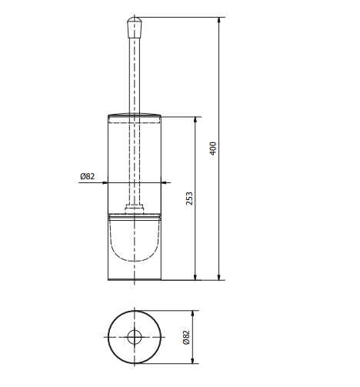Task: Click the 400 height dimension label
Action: pos(213,148)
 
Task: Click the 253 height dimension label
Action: pos(189,199)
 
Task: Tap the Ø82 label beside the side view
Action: pos(87,176)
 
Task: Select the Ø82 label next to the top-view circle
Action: pos(186,337)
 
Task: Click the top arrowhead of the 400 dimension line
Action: pos(219,20)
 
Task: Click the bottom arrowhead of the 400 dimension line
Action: pos(219,277)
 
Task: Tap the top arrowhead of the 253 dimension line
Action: pos(195,120)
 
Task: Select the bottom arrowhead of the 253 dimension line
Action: pos(195,277)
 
